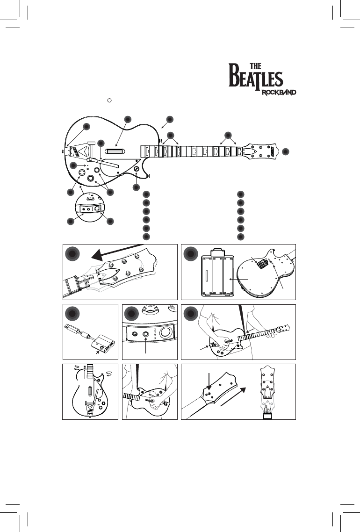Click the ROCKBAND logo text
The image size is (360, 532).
[279, 92]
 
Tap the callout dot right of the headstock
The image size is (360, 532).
[286, 151]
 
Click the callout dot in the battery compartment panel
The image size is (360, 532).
[190, 254]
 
